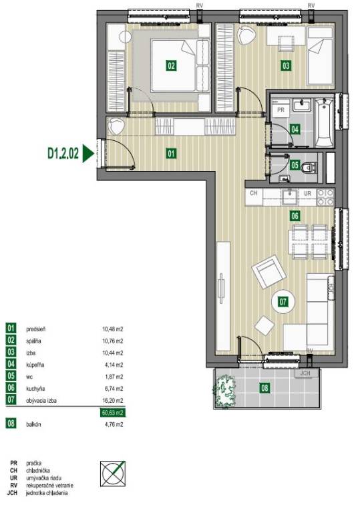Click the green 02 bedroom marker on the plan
pyautogui.click(x=171, y=65)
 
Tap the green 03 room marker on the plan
pyautogui.click(x=286, y=65)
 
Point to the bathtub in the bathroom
pyautogui.click(x=324, y=122)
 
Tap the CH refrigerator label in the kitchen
pyautogui.click(x=253, y=193)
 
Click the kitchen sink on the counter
pyautogui.click(x=290, y=196)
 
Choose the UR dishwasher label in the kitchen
pyautogui.click(x=307, y=193)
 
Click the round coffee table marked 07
pyautogui.click(x=283, y=301)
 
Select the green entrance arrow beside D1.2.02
pyautogui.click(x=87, y=154)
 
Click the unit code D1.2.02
pyautogui.click(x=63, y=154)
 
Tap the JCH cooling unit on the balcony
pyautogui.click(x=306, y=373)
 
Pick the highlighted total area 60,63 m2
pyautogui.click(x=112, y=413)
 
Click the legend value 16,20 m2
pyautogui.click(x=112, y=401)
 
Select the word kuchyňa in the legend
pyautogui.click(x=35, y=389)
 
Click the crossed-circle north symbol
pyautogui.click(x=113, y=474)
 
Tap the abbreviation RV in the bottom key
pyautogui.click(x=14, y=486)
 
